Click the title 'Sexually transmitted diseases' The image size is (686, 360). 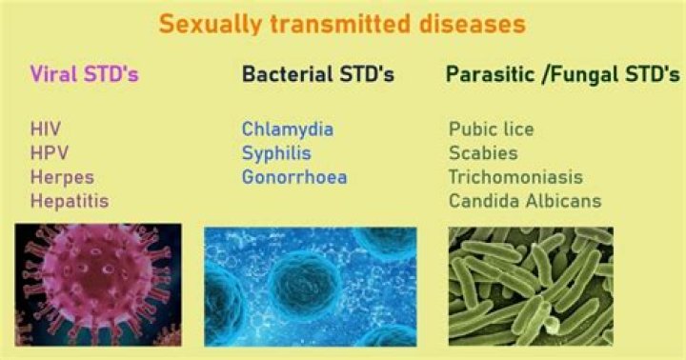tap(342, 23)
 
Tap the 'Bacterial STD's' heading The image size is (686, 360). tap(317, 73)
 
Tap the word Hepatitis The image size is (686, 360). tap(69, 201)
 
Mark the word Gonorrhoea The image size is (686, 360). tap(293, 177)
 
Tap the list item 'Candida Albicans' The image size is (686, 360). tap(525, 201)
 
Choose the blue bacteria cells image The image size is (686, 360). tap(311, 286)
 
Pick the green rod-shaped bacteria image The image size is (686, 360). tap(530, 286)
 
